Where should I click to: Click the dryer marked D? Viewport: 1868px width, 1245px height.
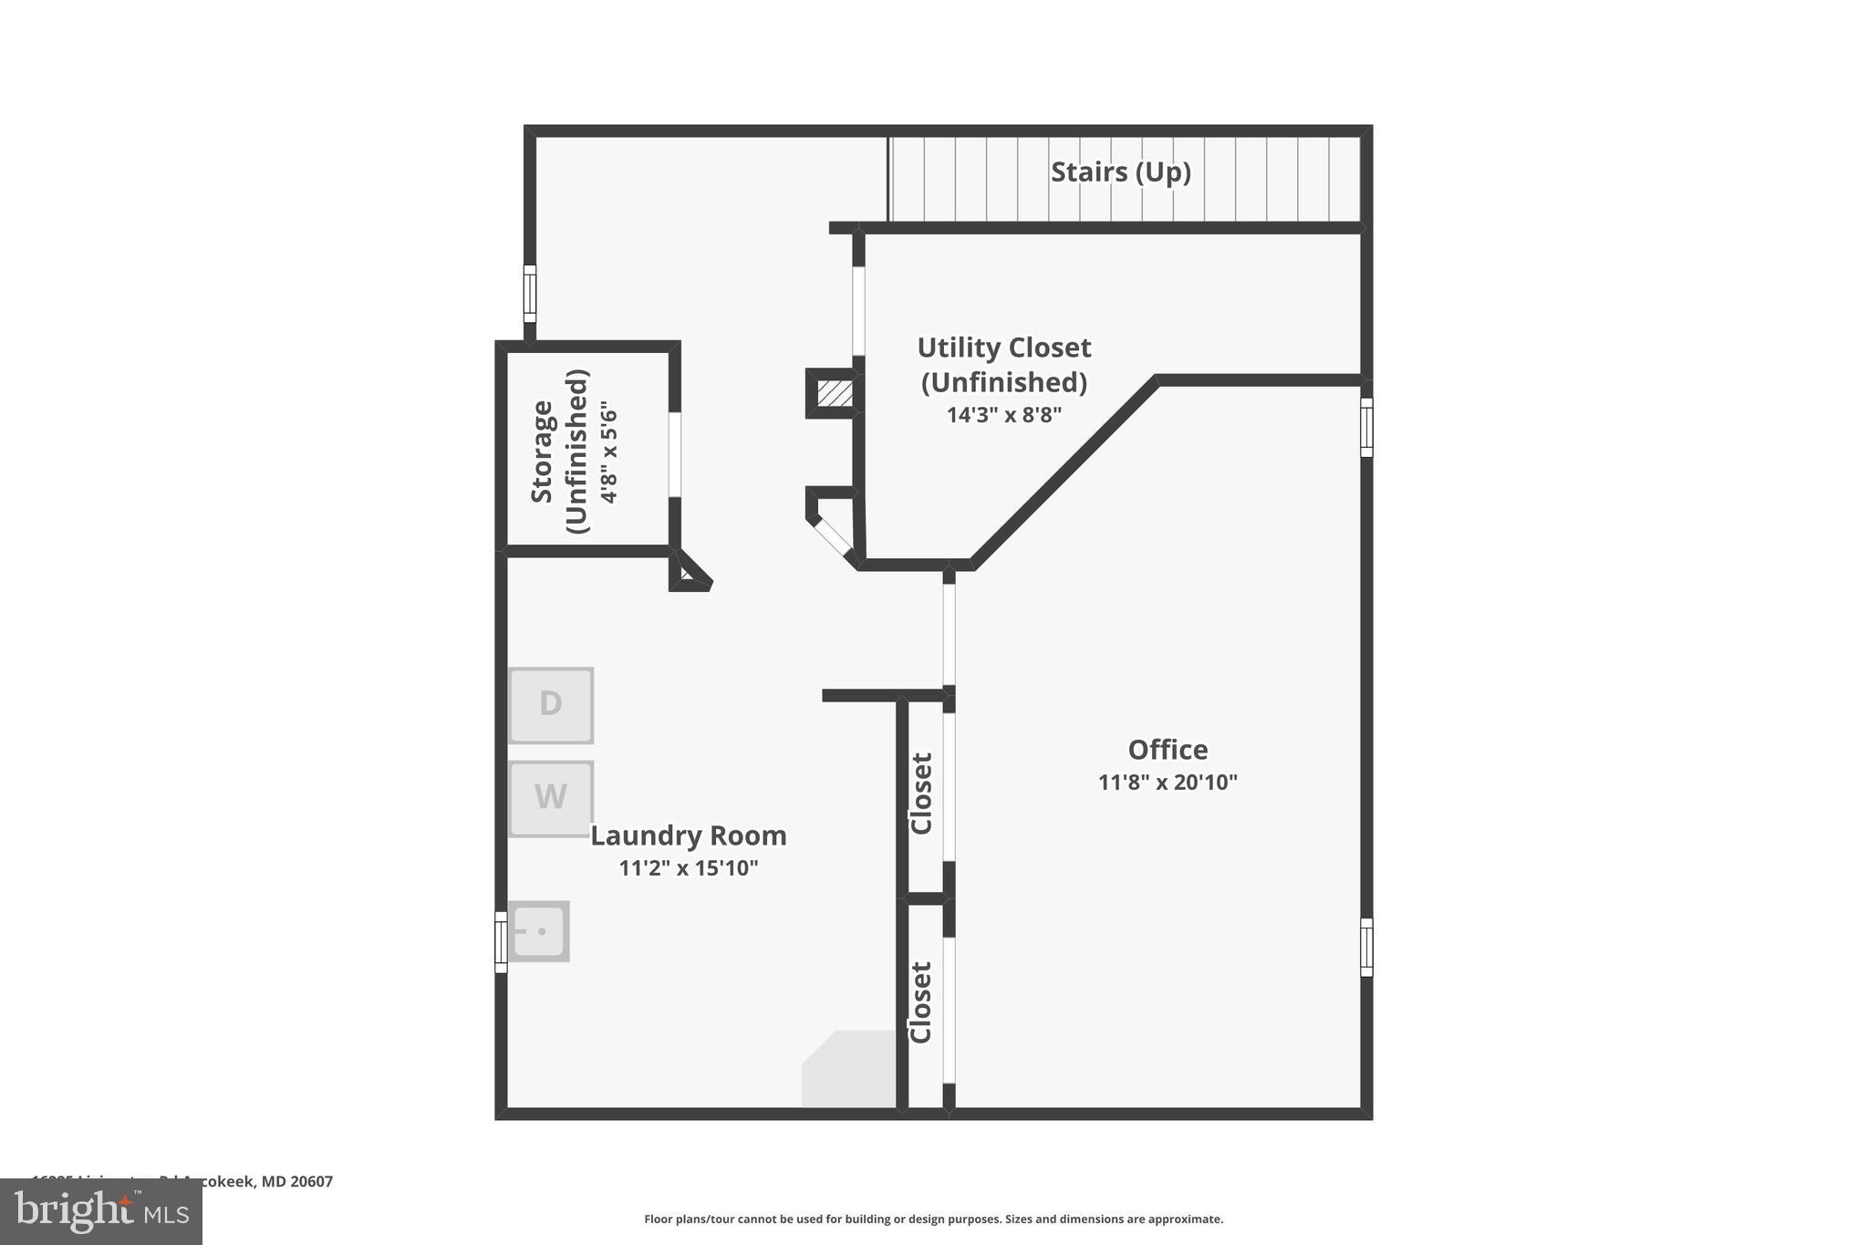[x=551, y=705]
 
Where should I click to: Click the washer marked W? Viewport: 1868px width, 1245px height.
[x=551, y=798]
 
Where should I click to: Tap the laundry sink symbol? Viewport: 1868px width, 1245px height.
[x=539, y=931]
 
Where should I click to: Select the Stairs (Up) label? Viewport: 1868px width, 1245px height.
[x=1120, y=171]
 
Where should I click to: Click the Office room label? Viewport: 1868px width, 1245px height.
[x=1167, y=750]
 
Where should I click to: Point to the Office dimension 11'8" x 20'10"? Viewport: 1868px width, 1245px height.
[x=1167, y=783]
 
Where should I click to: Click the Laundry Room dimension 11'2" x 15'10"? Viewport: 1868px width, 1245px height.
[x=689, y=868]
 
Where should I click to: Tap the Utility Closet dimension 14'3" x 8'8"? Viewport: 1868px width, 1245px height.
[x=1003, y=416]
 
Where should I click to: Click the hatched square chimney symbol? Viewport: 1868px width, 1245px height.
[x=835, y=393]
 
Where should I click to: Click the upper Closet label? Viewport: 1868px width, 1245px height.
[x=921, y=794]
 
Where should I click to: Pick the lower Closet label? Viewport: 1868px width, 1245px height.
[x=920, y=1001]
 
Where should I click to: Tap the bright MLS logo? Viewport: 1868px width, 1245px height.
[x=101, y=1211]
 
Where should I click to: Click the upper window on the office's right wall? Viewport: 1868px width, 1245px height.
[x=1366, y=427]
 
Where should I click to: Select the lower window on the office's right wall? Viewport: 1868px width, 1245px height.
[x=1366, y=948]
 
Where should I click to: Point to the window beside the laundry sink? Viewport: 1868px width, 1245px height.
[x=501, y=942]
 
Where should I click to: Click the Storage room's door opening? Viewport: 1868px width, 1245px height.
[x=675, y=454]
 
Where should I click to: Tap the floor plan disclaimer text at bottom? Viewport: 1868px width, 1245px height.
[x=933, y=1219]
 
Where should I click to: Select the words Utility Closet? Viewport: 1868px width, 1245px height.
[x=1003, y=348]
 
